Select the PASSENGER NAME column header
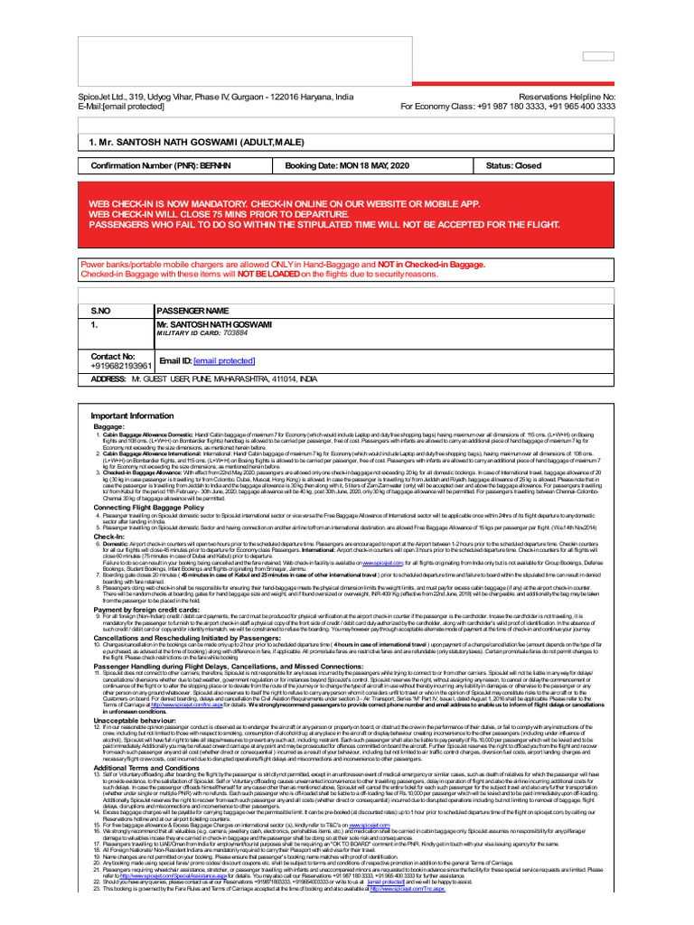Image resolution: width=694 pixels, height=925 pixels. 192,311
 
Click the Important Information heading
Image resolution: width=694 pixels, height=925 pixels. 132,416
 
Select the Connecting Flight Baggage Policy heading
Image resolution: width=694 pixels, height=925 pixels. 149,508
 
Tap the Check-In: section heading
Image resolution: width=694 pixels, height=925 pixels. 109,537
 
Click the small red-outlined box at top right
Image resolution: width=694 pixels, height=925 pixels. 598,56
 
